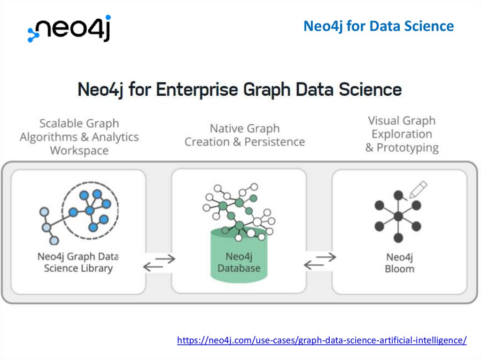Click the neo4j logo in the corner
pos(69,29)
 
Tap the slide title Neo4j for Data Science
pos(378,26)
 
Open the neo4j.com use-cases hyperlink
pos(322,340)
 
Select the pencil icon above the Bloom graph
pos(418,189)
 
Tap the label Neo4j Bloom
pos(399,263)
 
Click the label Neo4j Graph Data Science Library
pos(78,262)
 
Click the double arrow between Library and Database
pos(159,262)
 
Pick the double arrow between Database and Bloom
pos(320,261)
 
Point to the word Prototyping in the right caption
pos(408,148)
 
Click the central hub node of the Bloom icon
pos(398,216)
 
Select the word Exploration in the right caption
pos(402,134)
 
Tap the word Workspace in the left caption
pos(79,151)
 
